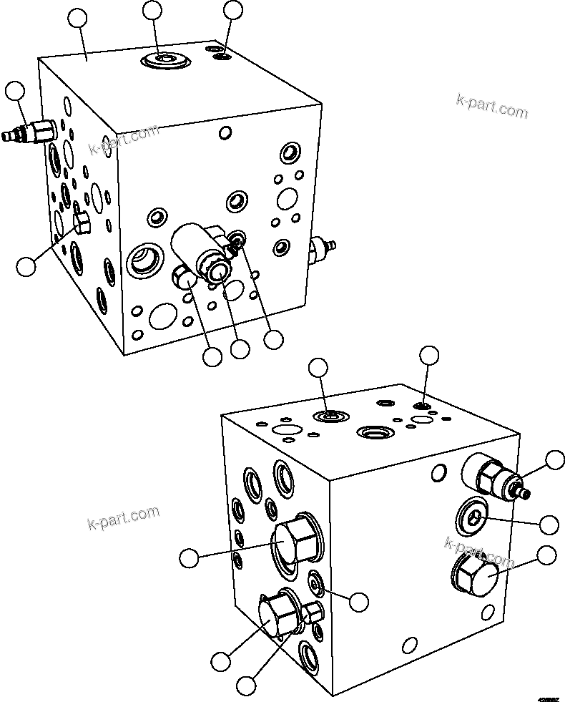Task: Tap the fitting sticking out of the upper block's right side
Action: pyautogui.click(x=322, y=250)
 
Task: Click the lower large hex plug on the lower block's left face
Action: pyautogui.click(x=275, y=614)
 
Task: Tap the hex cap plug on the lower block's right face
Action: pyautogui.click(x=474, y=573)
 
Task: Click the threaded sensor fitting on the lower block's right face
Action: pyautogui.click(x=493, y=477)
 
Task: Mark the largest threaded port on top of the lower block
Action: pyautogui.click(x=374, y=432)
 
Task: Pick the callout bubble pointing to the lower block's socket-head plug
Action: pyautogui.click(x=549, y=525)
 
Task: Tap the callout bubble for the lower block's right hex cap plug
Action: pyautogui.click(x=547, y=555)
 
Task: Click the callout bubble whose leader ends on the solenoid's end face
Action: pyautogui.click(x=240, y=348)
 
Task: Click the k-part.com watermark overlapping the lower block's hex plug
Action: pyautogui.click(x=479, y=552)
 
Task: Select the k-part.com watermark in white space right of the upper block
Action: pyautogui.click(x=492, y=108)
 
